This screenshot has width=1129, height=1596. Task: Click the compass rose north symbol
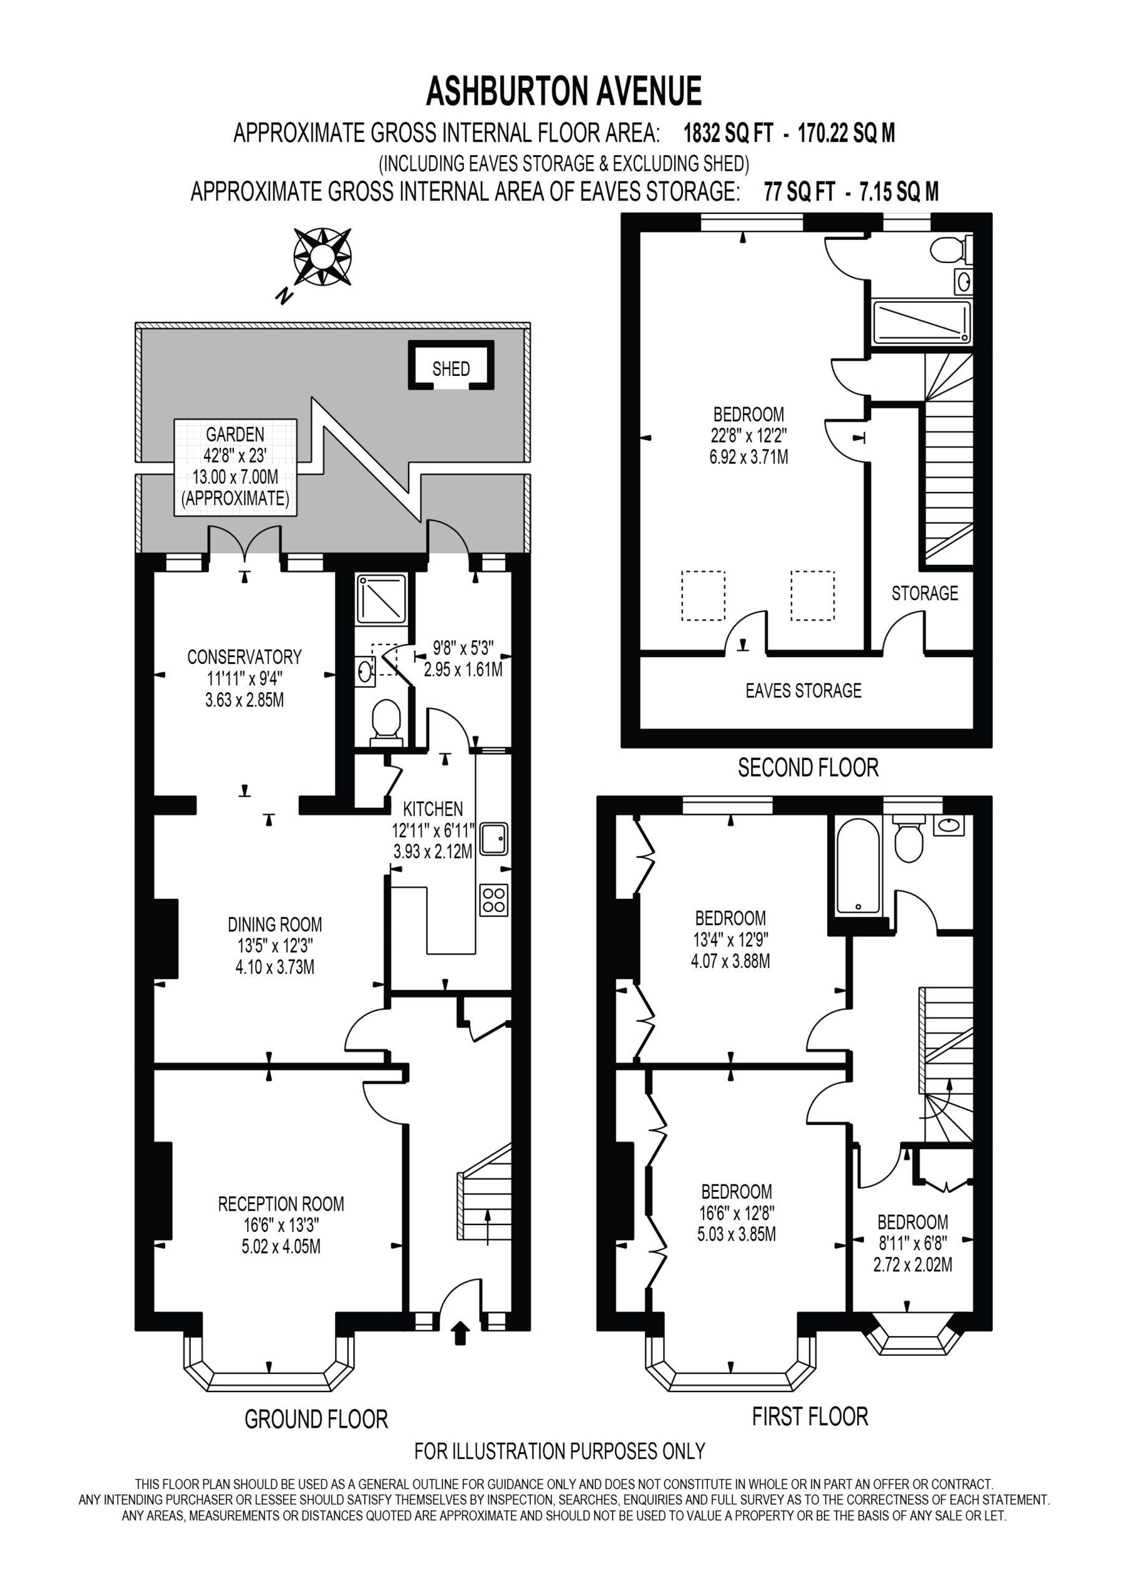coord(322,256)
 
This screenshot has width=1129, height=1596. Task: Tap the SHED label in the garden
coord(451,368)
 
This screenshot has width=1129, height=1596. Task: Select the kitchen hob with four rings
coord(493,900)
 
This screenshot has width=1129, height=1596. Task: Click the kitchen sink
coord(493,839)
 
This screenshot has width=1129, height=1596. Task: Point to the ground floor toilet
coord(386,723)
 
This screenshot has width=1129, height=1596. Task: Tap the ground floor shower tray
coord(380,598)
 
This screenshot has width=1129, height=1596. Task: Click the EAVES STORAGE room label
coord(803,690)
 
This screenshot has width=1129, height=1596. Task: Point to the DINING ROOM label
coord(275,924)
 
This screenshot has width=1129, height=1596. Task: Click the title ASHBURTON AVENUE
coord(563,91)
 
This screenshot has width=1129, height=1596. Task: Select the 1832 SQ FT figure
coord(729,132)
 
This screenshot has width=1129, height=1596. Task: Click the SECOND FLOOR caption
coord(808,767)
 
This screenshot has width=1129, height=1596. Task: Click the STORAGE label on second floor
coord(924,593)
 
